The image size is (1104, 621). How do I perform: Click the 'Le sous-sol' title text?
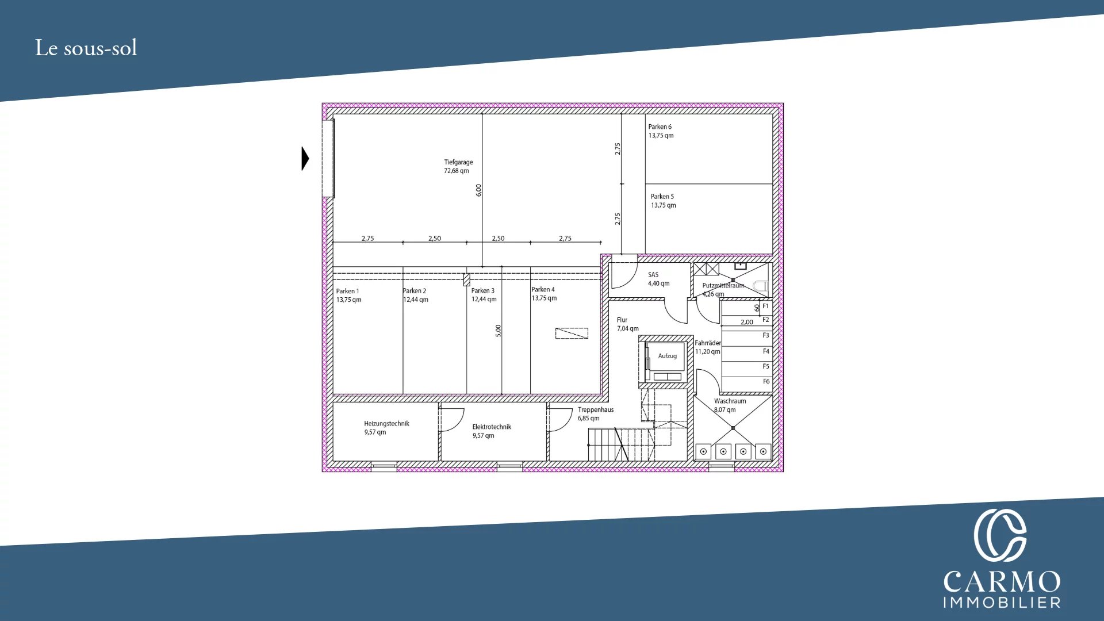coord(86,48)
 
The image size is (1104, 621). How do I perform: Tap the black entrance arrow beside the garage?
coord(305,159)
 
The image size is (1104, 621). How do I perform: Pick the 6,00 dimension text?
coord(478,190)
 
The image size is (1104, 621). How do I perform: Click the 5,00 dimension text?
coord(498,331)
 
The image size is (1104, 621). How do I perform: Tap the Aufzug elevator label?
coord(667,356)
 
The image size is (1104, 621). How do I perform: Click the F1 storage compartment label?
coord(765,306)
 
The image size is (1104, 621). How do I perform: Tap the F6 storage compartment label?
coord(766,381)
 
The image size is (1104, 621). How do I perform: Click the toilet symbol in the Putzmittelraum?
coord(760,286)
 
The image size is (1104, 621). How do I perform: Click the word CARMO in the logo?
coord(1002,582)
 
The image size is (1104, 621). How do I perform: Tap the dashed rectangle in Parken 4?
coord(572,333)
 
